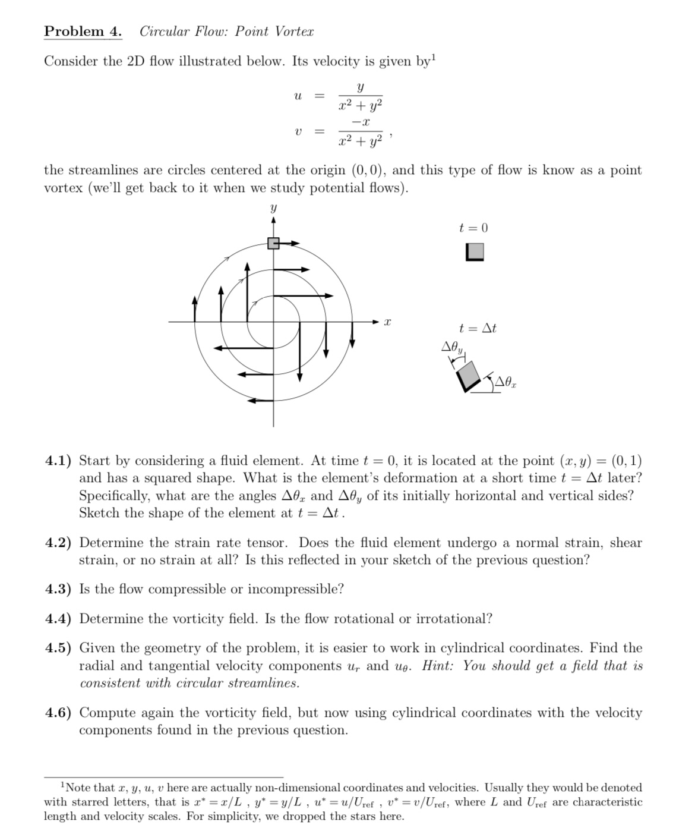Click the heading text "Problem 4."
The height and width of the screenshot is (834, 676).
[83, 32]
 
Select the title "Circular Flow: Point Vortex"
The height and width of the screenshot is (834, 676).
[226, 32]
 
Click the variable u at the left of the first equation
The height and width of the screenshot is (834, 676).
[298, 96]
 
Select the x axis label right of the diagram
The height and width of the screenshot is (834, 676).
[387, 322]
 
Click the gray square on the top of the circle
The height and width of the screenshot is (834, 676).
[273, 243]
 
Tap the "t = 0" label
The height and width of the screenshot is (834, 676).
[473, 228]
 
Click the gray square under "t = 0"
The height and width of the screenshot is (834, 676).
[475, 252]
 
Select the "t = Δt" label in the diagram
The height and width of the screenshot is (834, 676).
[478, 328]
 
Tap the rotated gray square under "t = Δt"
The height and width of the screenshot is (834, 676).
[469, 374]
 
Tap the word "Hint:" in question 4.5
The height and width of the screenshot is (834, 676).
[440, 666]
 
